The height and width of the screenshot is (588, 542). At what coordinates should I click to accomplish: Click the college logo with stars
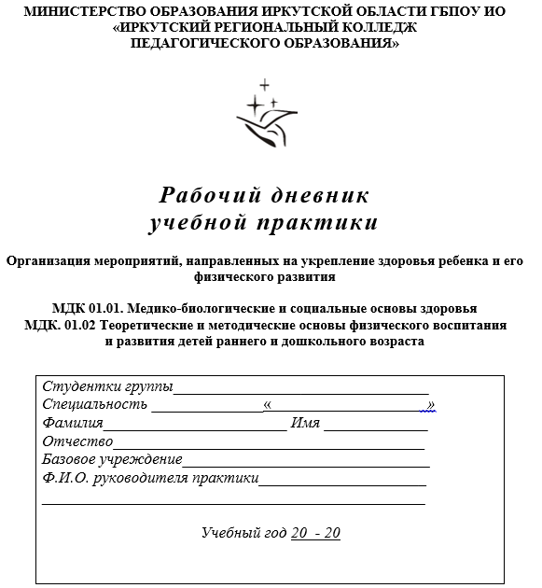267,115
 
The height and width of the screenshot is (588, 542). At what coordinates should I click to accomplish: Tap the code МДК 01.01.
86,308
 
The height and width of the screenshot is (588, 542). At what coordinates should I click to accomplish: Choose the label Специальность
94,405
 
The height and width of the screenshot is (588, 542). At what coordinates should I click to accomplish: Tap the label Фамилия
73,423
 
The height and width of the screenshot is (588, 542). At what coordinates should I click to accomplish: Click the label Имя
305,423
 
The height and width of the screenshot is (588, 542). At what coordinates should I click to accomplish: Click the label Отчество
77,441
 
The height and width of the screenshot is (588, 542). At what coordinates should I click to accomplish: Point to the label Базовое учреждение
112,459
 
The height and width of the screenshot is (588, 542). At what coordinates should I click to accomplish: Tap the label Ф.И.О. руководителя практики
150,478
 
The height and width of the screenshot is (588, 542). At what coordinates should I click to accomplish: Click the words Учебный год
243,533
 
